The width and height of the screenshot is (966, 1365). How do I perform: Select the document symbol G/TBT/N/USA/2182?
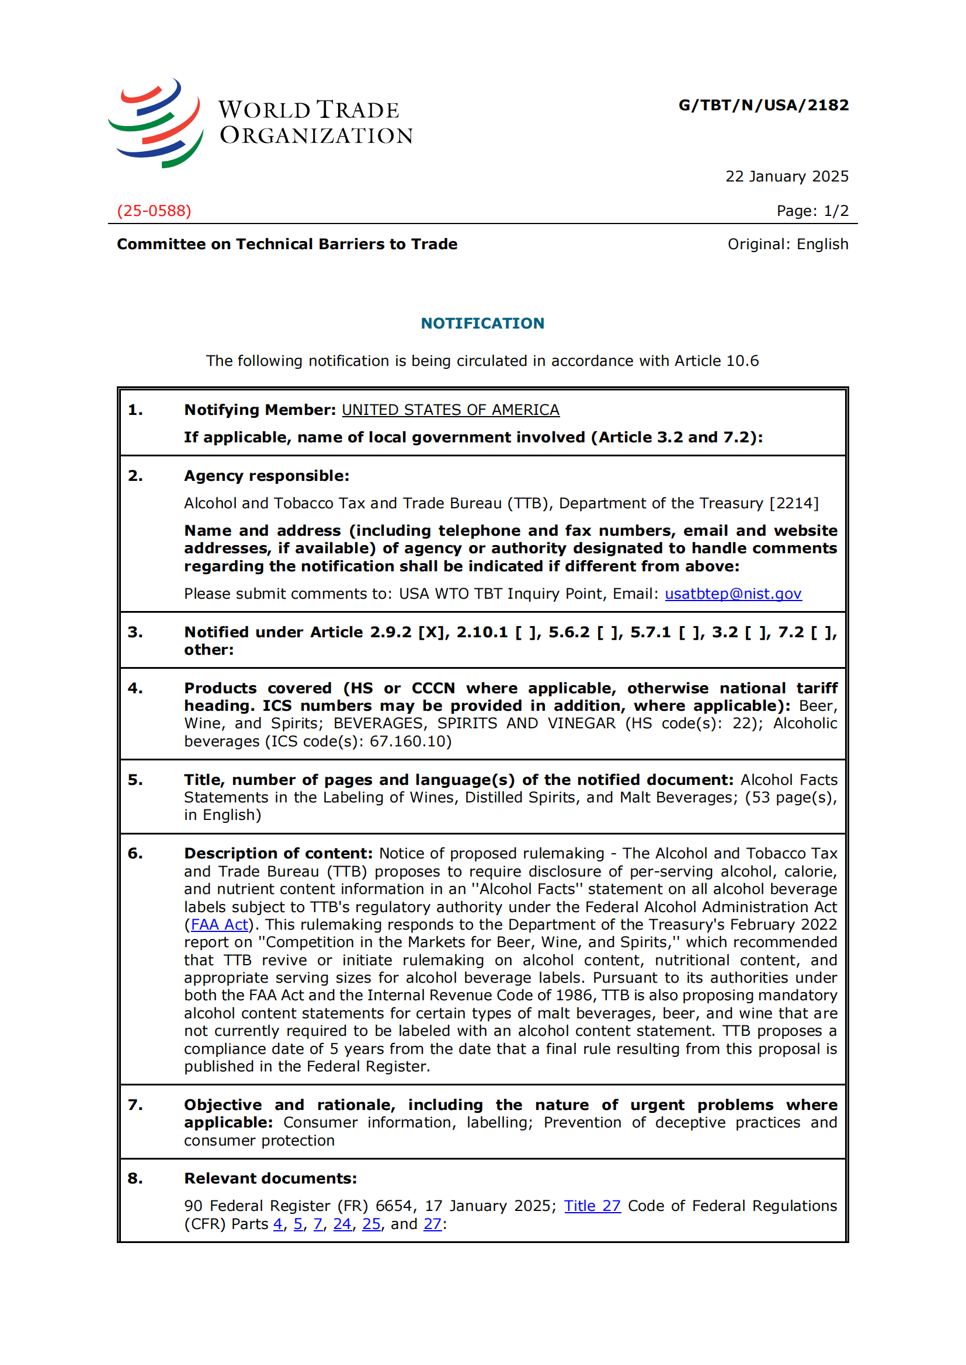click(x=763, y=105)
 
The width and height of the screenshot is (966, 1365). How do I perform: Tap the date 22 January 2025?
click(x=786, y=177)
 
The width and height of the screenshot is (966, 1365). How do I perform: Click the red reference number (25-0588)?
click(x=154, y=211)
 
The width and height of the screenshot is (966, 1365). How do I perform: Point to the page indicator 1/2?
click(x=836, y=211)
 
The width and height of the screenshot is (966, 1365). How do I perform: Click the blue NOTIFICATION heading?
click(x=482, y=323)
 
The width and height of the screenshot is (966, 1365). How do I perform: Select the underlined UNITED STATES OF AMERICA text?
click(x=450, y=410)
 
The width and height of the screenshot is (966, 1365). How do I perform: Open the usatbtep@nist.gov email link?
click(x=733, y=594)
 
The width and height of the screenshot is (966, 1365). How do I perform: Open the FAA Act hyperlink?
click(x=219, y=925)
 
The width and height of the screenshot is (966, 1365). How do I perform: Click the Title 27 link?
click(x=592, y=1206)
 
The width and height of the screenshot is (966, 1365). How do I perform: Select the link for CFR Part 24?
click(x=342, y=1224)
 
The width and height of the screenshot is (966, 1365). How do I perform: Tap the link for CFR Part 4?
click(x=278, y=1224)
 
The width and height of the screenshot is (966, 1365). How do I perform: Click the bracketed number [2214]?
click(x=794, y=504)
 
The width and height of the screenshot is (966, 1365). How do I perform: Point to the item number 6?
click(x=135, y=854)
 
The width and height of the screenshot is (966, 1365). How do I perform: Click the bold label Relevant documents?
click(x=270, y=1179)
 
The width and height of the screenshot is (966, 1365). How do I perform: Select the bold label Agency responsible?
click(x=266, y=476)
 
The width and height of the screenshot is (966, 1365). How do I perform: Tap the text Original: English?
click(x=787, y=245)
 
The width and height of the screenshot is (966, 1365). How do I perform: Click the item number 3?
click(x=135, y=633)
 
